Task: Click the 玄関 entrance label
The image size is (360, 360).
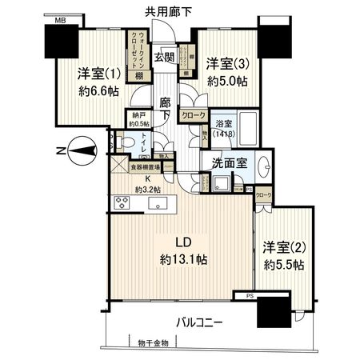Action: coord(164,57)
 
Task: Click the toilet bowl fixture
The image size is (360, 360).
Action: coord(124,143)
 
